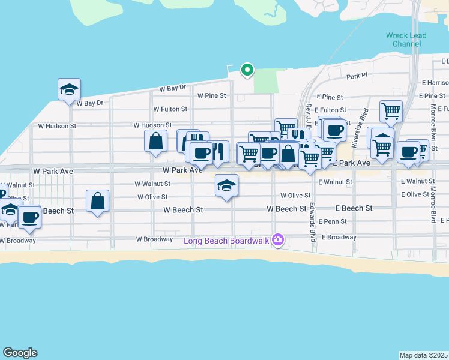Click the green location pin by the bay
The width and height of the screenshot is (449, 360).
coord(247,70)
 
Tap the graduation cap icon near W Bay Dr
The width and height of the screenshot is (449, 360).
coord(69,89)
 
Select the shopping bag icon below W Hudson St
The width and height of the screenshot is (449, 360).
coord(155,142)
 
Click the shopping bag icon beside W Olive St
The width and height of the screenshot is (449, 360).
coord(97,201)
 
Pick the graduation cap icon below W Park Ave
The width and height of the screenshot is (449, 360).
coord(227,185)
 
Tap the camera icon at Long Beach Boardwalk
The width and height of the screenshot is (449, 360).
coord(277,240)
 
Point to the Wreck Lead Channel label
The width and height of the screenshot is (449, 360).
coord(406,40)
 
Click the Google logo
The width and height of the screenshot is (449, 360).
coord(20,353)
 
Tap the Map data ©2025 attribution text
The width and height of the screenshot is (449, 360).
coord(424,355)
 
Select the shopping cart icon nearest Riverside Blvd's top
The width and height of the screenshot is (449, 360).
coord(390,111)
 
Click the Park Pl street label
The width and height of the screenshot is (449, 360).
coord(357,77)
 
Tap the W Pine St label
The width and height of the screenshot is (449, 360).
coord(211,95)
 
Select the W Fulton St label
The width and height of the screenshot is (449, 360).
coord(170,109)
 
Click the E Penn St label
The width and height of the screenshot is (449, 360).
coord(333,221)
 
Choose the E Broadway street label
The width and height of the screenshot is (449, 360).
coord(339,237)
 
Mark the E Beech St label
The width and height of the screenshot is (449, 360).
coord(352,208)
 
